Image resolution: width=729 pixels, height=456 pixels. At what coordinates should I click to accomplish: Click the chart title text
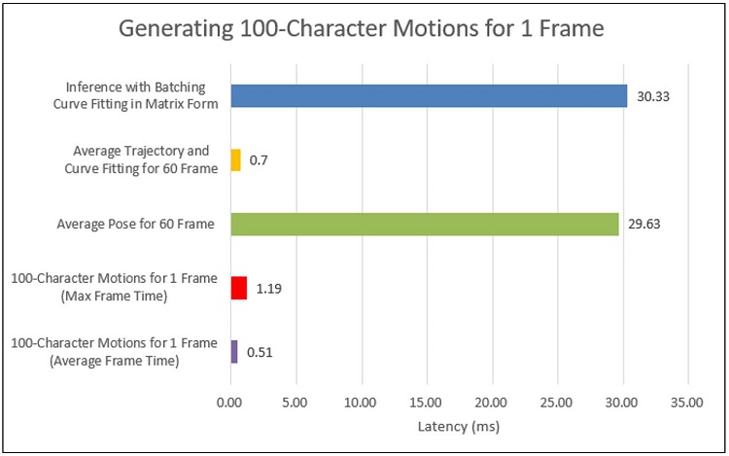(x=362, y=28)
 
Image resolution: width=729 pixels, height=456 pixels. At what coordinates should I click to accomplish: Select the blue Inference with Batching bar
(x=428, y=95)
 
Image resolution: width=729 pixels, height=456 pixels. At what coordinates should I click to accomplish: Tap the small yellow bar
(x=235, y=159)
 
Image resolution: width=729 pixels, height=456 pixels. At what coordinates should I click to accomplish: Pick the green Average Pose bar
(x=424, y=224)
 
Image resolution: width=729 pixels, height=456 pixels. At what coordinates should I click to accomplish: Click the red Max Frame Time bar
(x=238, y=288)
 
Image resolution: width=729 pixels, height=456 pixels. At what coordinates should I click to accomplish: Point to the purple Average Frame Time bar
(x=233, y=352)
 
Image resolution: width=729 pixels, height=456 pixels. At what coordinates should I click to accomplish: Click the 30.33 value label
(x=652, y=95)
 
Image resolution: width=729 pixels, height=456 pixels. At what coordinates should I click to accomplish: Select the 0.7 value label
(x=259, y=159)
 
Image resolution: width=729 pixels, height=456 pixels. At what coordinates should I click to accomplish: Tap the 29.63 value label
(x=644, y=224)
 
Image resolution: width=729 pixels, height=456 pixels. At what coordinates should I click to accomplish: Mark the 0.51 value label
(x=260, y=352)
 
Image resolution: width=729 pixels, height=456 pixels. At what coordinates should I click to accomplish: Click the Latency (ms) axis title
(x=459, y=426)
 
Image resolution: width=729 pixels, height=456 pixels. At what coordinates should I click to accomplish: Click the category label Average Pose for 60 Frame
(x=136, y=225)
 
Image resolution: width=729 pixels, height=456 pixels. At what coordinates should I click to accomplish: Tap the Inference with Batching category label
(x=141, y=95)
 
